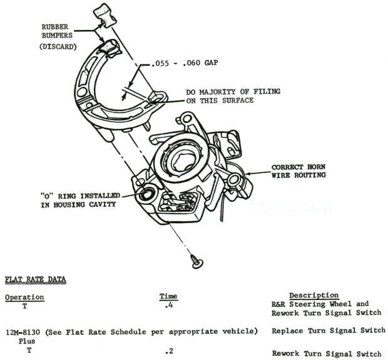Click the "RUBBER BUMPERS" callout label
click(x=57, y=31)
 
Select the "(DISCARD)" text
click(x=58, y=47)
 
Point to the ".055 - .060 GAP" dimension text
click(x=185, y=63)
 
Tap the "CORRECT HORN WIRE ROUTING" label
click(x=299, y=171)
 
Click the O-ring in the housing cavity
click(x=146, y=194)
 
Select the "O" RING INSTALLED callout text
click(x=80, y=201)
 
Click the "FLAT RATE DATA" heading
click(x=36, y=279)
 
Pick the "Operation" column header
click(x=25, y=297)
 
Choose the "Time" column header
click(x=168, y=296)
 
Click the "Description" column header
click(x=314, y=295)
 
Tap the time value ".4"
click(x=169, y=306)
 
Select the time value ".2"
click(x=169, y=351)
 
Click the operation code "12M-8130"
click(x=23, y=332)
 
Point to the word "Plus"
click(x=27, y=341)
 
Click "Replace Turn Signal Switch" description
click(x=329, y=331)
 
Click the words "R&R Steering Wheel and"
click(x=320, y=304)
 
